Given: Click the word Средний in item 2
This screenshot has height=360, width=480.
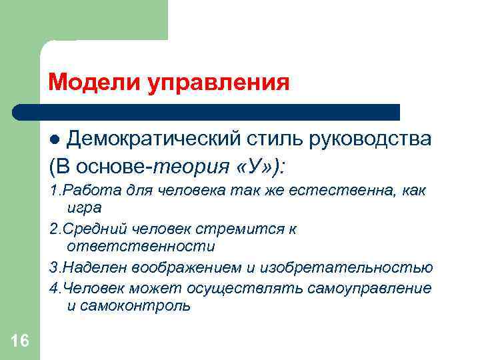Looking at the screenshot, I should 87,229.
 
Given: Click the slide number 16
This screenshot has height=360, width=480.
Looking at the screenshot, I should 19,341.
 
